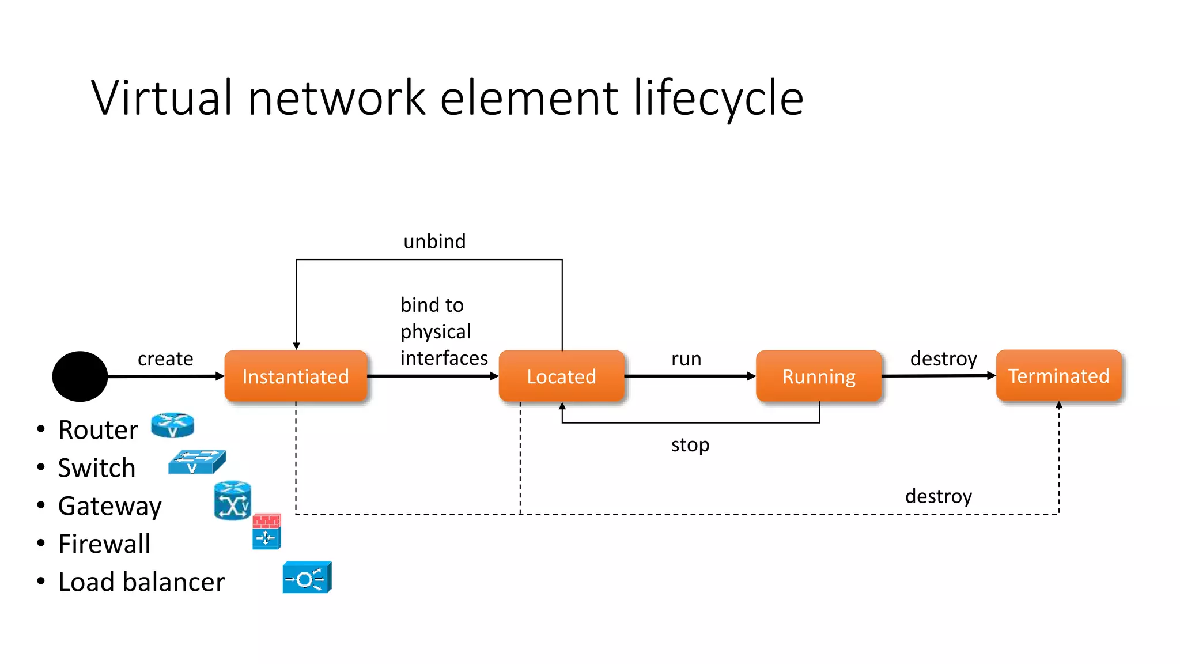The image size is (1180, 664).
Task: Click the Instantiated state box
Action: coord(296,376)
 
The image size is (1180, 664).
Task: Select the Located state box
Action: coord(561,376)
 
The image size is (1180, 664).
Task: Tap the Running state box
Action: coord(818,376)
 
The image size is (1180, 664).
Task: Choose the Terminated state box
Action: coord(1058,375)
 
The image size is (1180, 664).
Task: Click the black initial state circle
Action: coord(80,376)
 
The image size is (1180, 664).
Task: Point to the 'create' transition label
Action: coord(165,359)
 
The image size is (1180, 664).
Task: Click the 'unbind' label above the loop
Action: coord(434,241)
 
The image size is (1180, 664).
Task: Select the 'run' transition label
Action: coord(686,359)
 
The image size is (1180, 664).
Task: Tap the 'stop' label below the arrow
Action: coord(690,444)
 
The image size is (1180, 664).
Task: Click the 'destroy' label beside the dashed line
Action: coord(938,496)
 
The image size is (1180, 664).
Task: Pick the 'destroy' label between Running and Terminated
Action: coord(943,359)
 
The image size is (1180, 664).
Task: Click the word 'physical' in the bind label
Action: coord(436,331)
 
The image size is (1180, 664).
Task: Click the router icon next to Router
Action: coord(172,425)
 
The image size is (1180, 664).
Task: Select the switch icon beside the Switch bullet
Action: coord(196,462)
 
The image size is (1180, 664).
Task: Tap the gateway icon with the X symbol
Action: coord(232,501)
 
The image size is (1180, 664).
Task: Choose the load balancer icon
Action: coord(307,578)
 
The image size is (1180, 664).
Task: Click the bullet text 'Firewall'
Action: coord(104,544)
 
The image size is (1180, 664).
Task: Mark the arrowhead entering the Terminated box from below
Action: coord(1059,405)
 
